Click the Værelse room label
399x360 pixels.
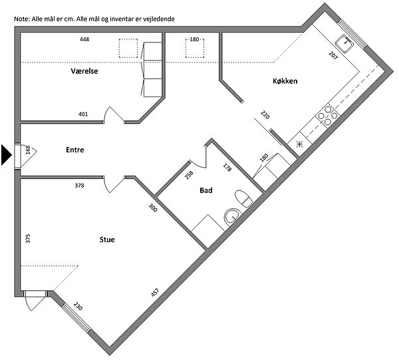84,71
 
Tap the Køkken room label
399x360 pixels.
285,81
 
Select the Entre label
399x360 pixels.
74,150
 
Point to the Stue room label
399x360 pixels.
107,240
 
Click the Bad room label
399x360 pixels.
206,190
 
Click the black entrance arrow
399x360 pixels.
7,155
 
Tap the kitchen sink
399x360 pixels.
344,44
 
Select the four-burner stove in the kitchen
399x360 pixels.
328,116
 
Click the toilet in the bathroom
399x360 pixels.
243,198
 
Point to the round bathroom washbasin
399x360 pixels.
233,217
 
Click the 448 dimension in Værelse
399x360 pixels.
84,39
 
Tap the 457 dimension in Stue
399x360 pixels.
155,292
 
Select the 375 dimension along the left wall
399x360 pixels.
28,238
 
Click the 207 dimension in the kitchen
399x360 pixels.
333,55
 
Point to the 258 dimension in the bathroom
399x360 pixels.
189,175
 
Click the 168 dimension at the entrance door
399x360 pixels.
28,150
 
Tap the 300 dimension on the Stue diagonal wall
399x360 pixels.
153,208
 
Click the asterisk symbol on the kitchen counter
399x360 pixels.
299,144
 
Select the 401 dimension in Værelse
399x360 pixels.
83,114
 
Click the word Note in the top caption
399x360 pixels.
22,19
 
